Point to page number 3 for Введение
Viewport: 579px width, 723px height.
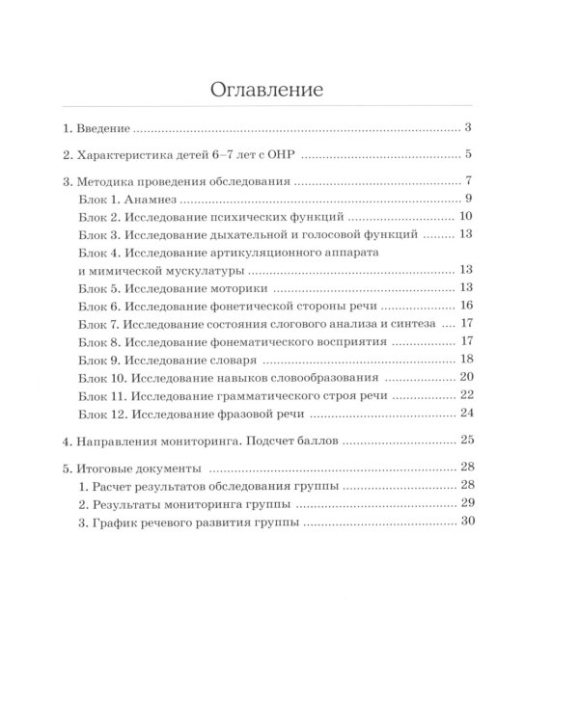coord(466,127)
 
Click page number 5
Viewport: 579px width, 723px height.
coord(466,153)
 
